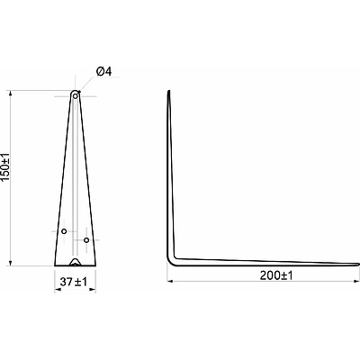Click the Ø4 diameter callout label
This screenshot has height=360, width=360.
click(x=103, y=72)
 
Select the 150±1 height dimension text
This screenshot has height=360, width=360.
click(x=6, y=166)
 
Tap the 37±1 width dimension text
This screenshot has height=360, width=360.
click(x=74, y=282)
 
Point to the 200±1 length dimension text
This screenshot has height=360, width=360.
click(x=276, y=275)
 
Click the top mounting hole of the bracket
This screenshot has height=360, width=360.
click(x=76, y=96)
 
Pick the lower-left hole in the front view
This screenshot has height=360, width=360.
click(x=64, y=231)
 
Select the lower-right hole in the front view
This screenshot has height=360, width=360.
click(x=86, y=240)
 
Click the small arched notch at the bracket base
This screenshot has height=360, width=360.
click(x=75, y=262)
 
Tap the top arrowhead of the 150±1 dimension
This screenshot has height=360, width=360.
click(x=11, y=94)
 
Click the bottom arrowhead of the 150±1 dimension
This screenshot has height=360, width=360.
click(x=11, y=263)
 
